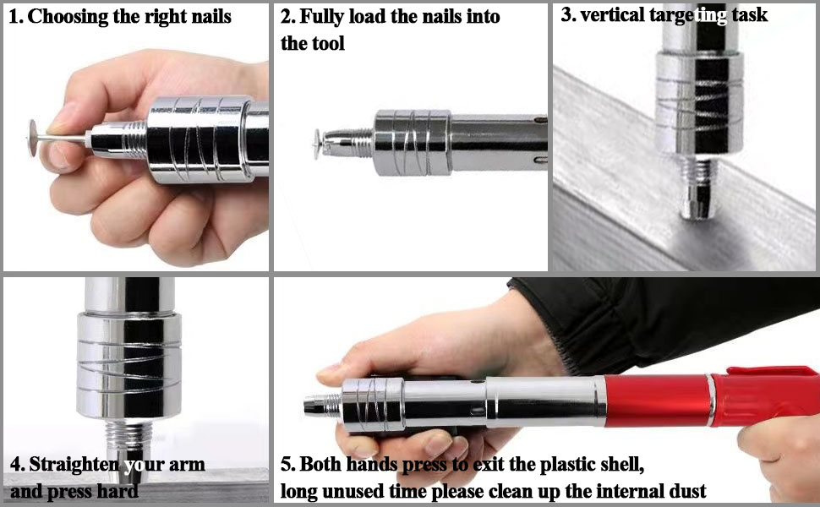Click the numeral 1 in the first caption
coord(13,17)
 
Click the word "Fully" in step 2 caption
coord(322,17)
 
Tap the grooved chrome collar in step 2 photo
coord(410,139)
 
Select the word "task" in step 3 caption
coord(749,15)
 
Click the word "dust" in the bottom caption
coord(685,491)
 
